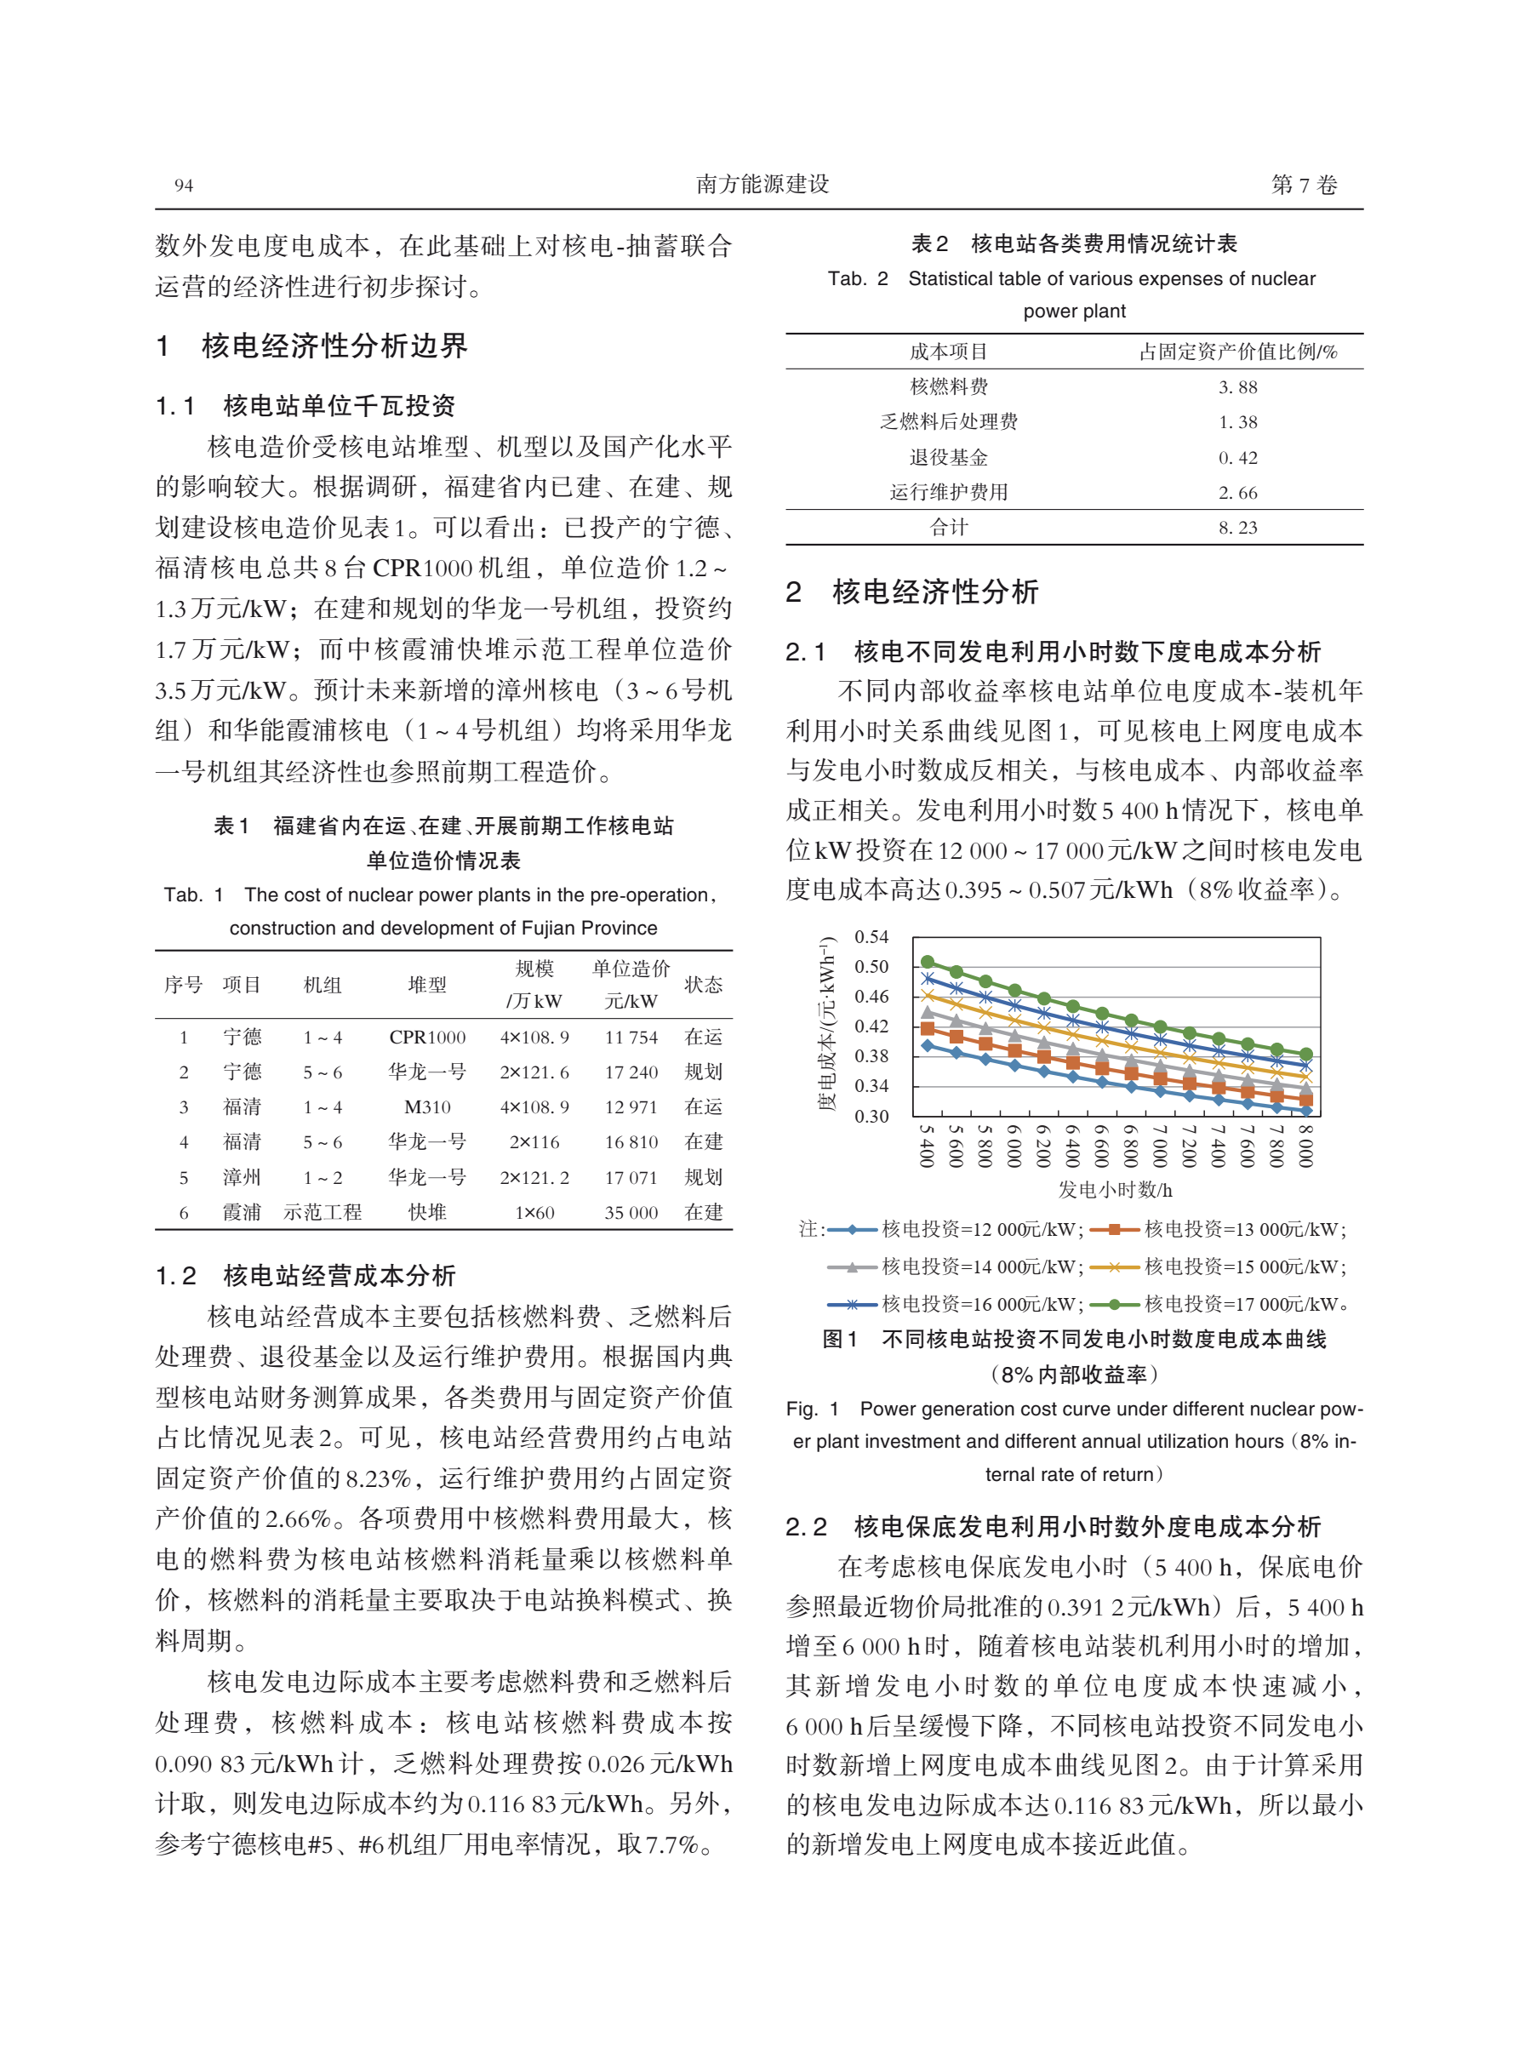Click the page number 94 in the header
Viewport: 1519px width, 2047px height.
(184, 186)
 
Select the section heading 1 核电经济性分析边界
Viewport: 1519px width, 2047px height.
(311, 346)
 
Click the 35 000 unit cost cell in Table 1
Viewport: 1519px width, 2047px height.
(631, 1212)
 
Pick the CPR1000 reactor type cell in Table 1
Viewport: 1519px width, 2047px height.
(426, 1038)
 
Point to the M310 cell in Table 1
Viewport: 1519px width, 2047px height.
(426, 1107)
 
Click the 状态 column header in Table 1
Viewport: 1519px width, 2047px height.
(704, 985)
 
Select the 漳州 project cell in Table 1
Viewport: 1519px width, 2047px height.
(242, 1177)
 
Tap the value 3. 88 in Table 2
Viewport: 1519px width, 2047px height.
(1237, 387)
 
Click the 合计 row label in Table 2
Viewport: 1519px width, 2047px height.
(948, 527)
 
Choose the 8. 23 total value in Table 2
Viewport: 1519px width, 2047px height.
(1237, 527)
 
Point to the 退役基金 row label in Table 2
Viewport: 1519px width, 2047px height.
(948, 457)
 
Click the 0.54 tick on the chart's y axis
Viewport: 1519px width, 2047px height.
(871, 937)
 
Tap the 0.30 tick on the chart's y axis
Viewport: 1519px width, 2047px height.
(871, 1117)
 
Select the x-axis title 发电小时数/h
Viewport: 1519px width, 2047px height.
(1115, 1189)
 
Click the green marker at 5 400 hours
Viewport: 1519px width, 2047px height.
(928, 962)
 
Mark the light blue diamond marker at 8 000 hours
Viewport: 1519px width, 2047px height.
(1305, 1111)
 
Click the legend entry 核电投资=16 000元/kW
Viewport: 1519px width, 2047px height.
(980, 1304)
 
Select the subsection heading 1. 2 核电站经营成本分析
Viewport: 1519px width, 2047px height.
(306, 1276)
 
